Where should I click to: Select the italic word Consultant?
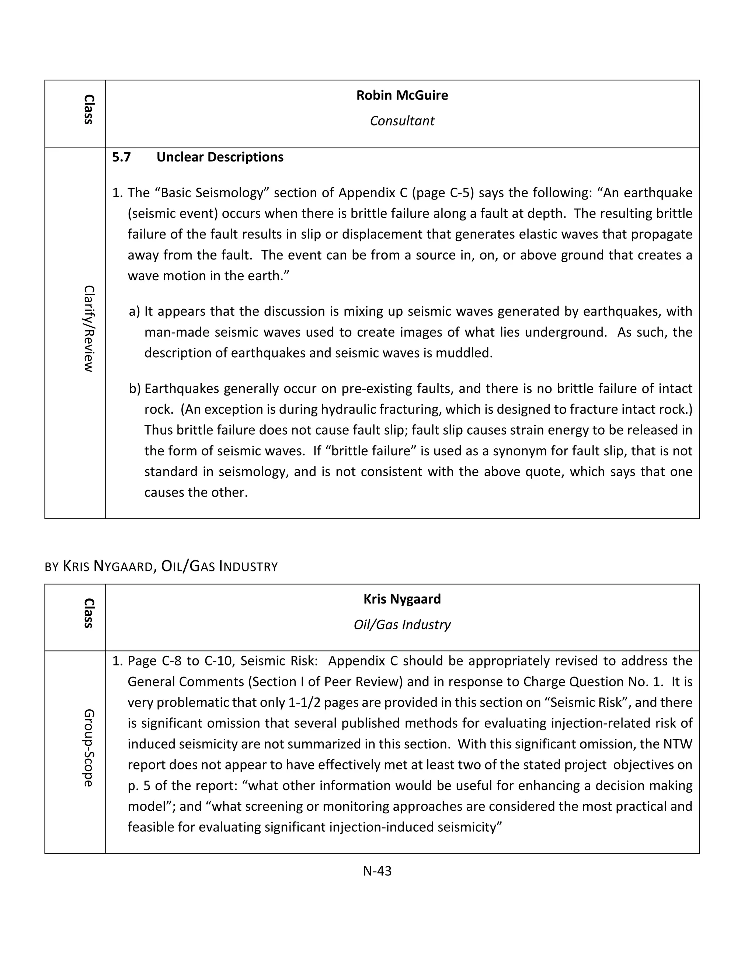(402, 121)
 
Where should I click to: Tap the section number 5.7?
(121, 157)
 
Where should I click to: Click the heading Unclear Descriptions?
(220, 157)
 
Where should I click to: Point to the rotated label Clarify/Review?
(88, 329)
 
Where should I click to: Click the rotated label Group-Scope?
(88, 748)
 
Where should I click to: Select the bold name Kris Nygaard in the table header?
(402, 599)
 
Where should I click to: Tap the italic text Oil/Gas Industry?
(402, 625)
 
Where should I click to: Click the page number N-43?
(377, 871)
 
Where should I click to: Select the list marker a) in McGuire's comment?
(134, 312)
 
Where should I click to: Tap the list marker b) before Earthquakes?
(135, 389)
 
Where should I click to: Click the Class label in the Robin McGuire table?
(88, 109)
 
